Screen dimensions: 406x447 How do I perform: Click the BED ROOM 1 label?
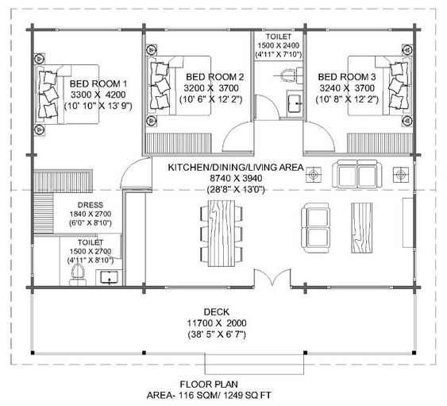[98, 83]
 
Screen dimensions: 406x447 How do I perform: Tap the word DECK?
[216, 312]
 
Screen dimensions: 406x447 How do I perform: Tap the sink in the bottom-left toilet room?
[108, 277]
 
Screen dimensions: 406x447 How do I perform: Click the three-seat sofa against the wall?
[356, 172]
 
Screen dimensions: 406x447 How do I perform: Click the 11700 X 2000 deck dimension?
[216, 324]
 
